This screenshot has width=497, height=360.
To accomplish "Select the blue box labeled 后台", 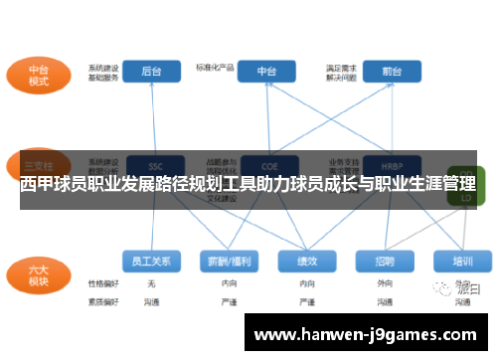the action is click(151, 72).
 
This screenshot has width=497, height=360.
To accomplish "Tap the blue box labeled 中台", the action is click(266, 72).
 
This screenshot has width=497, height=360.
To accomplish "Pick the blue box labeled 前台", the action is click(391, 72).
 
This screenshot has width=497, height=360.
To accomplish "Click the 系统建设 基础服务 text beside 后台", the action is click(102, 72).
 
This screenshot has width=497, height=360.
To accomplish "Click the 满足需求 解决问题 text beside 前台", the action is click(340, 72).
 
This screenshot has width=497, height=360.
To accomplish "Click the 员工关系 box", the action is click(151, 261).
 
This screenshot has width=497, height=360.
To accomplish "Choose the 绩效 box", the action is click(305, 261).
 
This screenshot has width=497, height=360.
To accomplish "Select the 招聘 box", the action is click(385, 261).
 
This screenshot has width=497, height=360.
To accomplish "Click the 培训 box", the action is click(462, 261).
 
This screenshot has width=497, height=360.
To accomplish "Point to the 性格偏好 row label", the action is click(102, 283).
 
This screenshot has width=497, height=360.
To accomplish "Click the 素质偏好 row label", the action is click(102, 299).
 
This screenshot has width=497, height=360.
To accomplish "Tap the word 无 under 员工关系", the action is click(151, 283).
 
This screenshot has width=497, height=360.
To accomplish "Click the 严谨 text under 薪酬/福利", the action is click(228, 299).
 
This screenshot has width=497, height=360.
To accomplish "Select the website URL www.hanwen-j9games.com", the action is click(365, 335).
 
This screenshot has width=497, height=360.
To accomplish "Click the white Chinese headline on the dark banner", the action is click(248, 185).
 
